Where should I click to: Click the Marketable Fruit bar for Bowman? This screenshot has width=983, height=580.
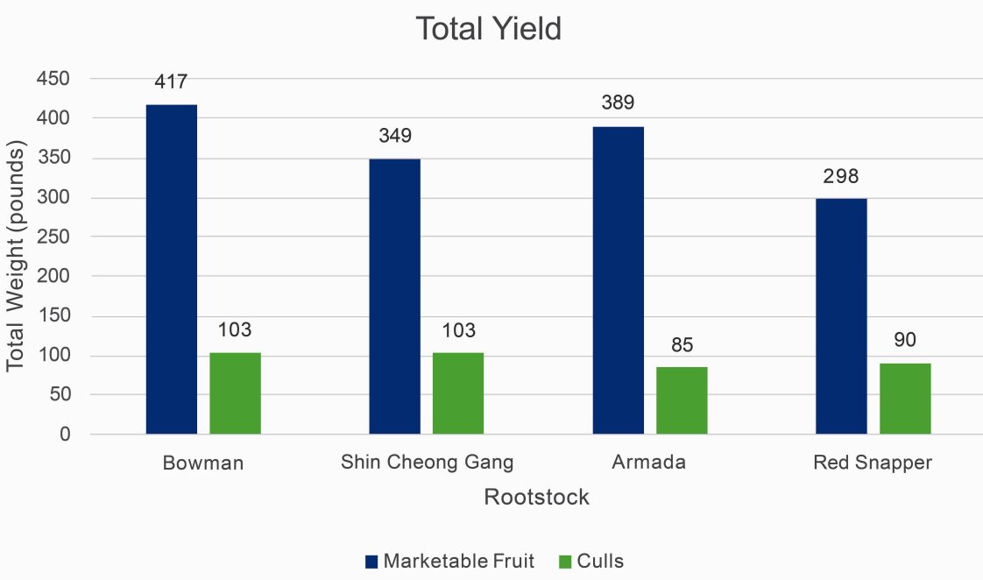pyautogui.click(x=172, y=269)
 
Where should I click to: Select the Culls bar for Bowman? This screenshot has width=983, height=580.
pyautogui.click(x=235, y=393)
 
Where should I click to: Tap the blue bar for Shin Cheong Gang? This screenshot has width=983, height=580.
pyautogui.click(x=394, y=296)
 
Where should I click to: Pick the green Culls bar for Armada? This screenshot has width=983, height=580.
pyautogui.click(x=682, y=400)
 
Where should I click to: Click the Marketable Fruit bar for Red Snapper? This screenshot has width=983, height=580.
pyautogui.click(x=841, y=316)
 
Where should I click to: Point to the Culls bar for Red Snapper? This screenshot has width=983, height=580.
pyautogui.click(x=905, y=399)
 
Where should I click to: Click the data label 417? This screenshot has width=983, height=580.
pyautogui.click(x=172, y=82)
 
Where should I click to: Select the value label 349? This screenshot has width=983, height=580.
pyautogui.click(x=394, y=137)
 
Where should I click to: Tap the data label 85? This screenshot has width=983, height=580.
pyautogui.click(x=682, y=346)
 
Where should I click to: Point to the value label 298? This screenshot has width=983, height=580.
pyautogui.click(x=841, y=177)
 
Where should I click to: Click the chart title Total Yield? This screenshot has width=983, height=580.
pyautogui.click(x=488, y=29)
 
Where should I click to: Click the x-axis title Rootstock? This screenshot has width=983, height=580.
pyautogui.click(x=537, y=498)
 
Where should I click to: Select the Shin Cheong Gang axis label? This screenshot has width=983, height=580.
pyautogui.click(x=427, y=463)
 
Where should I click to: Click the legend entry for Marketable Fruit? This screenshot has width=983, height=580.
pyautogui.click(x=449, y=562)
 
